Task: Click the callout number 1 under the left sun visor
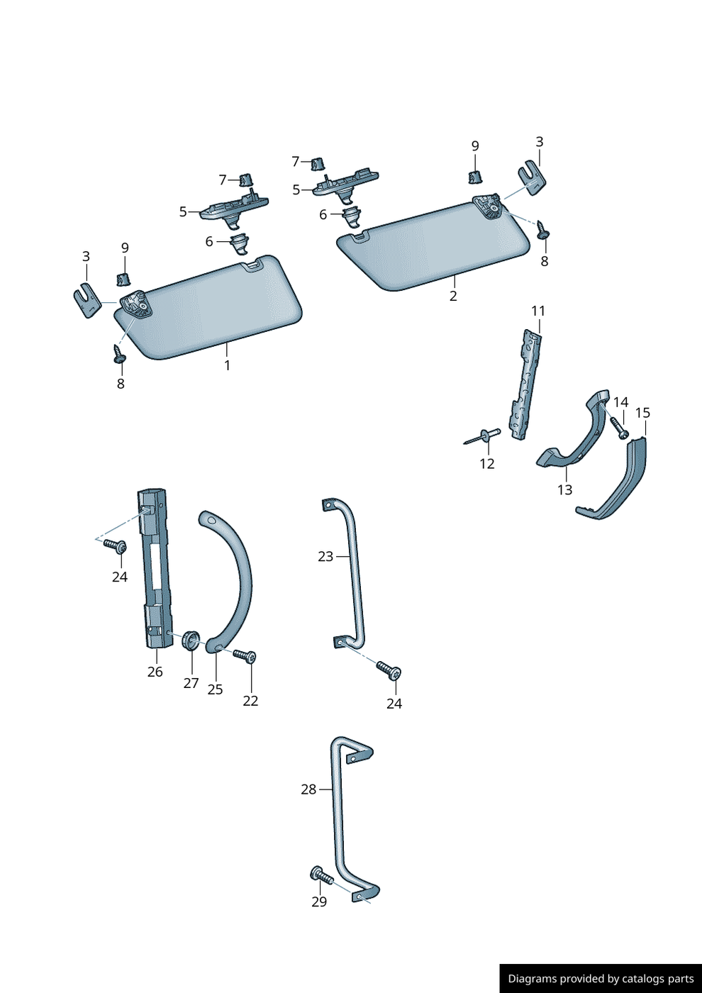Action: pyautogui.click(x=227, y=366)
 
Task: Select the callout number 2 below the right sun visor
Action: pyautogui.click(x=453, y=296)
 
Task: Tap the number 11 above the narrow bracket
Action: pyautogui.click(x=538, y=311)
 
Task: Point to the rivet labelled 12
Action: pyautogui.click(x=483, y=436)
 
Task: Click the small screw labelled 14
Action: pyautogui.click(x=618, y=427)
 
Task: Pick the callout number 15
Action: pyautogui.click(x=642, y=413)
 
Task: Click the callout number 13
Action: pyautogui.click(x=564, y=490)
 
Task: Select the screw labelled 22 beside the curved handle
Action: pyautogui.click(x=245, y=656)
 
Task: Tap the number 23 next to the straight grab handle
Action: pyautogui.click(x=325, y=557)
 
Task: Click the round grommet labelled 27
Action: pyautogui.click(x=190, y=640)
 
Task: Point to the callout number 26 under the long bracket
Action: pyautogui.click(x=155, y=672)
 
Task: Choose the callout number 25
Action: pyautogui.click(x=215, y=689)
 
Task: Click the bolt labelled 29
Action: pyautogui.click(x=322, y=877)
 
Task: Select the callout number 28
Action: pyautogui.click(x=308, y=789)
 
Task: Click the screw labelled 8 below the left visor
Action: pyautogui.click(x=118, y=354)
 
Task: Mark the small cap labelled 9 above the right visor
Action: pyautogui.click(x=475, y=174)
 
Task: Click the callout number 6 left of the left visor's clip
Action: pyautogui.click(x=209, y=242)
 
